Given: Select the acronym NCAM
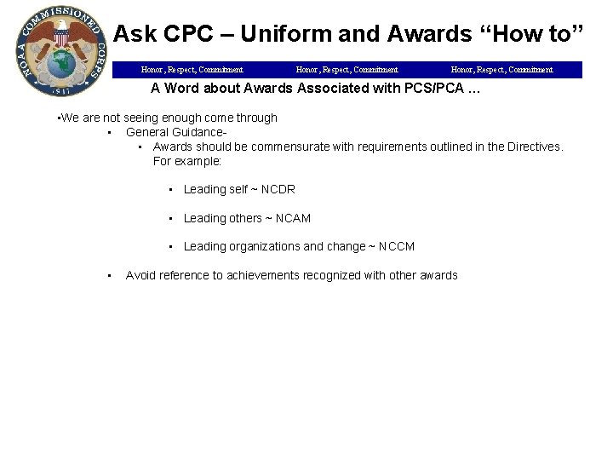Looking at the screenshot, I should click(293, 218).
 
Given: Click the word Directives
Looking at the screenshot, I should click(532, 147).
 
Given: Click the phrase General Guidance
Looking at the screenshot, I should click(175, 132).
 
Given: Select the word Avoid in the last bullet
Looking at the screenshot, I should click(140, 275).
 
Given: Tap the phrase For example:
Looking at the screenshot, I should click(186, 160).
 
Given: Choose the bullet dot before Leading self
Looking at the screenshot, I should click(172, 189).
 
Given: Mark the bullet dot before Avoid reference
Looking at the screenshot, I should click(111, 275).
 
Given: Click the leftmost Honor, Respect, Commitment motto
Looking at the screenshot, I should click(192, 70).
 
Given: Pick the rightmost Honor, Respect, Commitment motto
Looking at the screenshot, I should click(501, 70).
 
